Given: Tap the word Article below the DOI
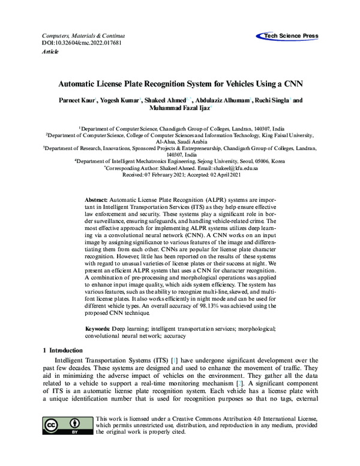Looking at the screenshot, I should tap(50, 52).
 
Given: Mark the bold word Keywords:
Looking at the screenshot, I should tap(98, 329).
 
